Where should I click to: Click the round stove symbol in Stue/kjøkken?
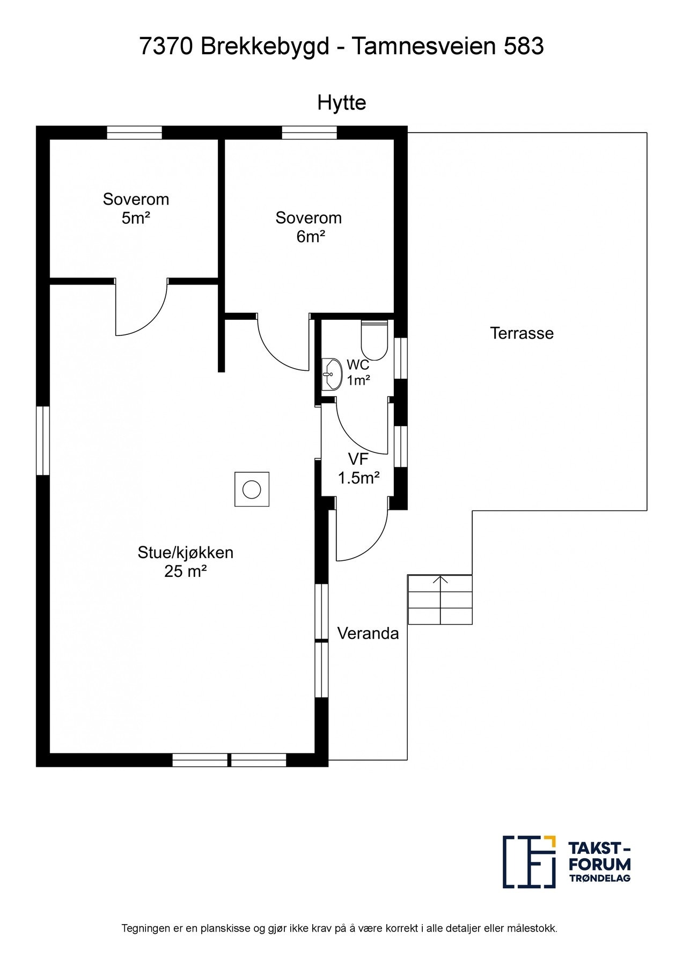(x=252, y=489)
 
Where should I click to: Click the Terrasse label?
(x=522, y=333)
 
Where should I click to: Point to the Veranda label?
(x=368, y=634)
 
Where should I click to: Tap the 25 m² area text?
(x=186, y=572)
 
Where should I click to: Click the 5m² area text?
(x=136, y=218)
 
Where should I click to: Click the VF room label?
(x=358, y=459)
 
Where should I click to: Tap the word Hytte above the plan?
(x=341, y=103)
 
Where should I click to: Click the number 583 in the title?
(x=523, y=47)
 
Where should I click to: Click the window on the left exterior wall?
(x=43, y=441)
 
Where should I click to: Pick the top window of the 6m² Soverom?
(x=309, y=133)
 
